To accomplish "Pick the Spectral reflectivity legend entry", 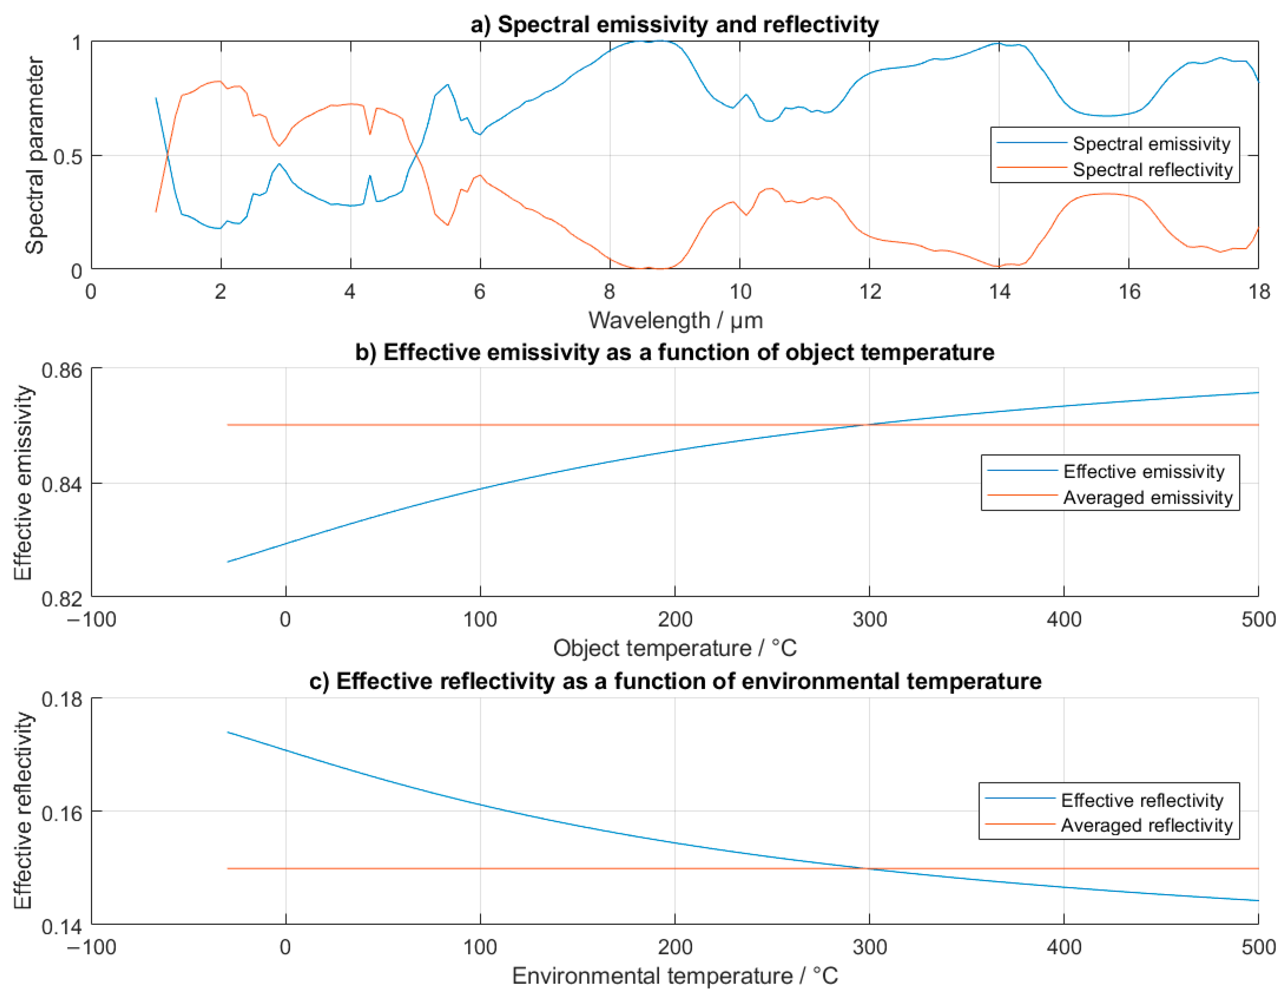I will click(x=1152, y=170).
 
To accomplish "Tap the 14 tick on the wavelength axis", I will click(x=1000, y=291).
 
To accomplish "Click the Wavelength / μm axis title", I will click(x=675, y=321).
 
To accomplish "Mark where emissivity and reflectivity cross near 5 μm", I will click(x=416, y=155).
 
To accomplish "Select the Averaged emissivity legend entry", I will click(x=1147, y=497).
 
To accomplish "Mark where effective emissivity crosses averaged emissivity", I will click(x=869, y=425).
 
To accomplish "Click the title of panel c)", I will click(x=675, y=682).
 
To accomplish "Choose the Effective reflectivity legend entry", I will click(x=1142, y=800).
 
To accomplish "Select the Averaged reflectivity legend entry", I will click(x=1146, y=826).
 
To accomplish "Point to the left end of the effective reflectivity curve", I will click(x=228, y=732).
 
